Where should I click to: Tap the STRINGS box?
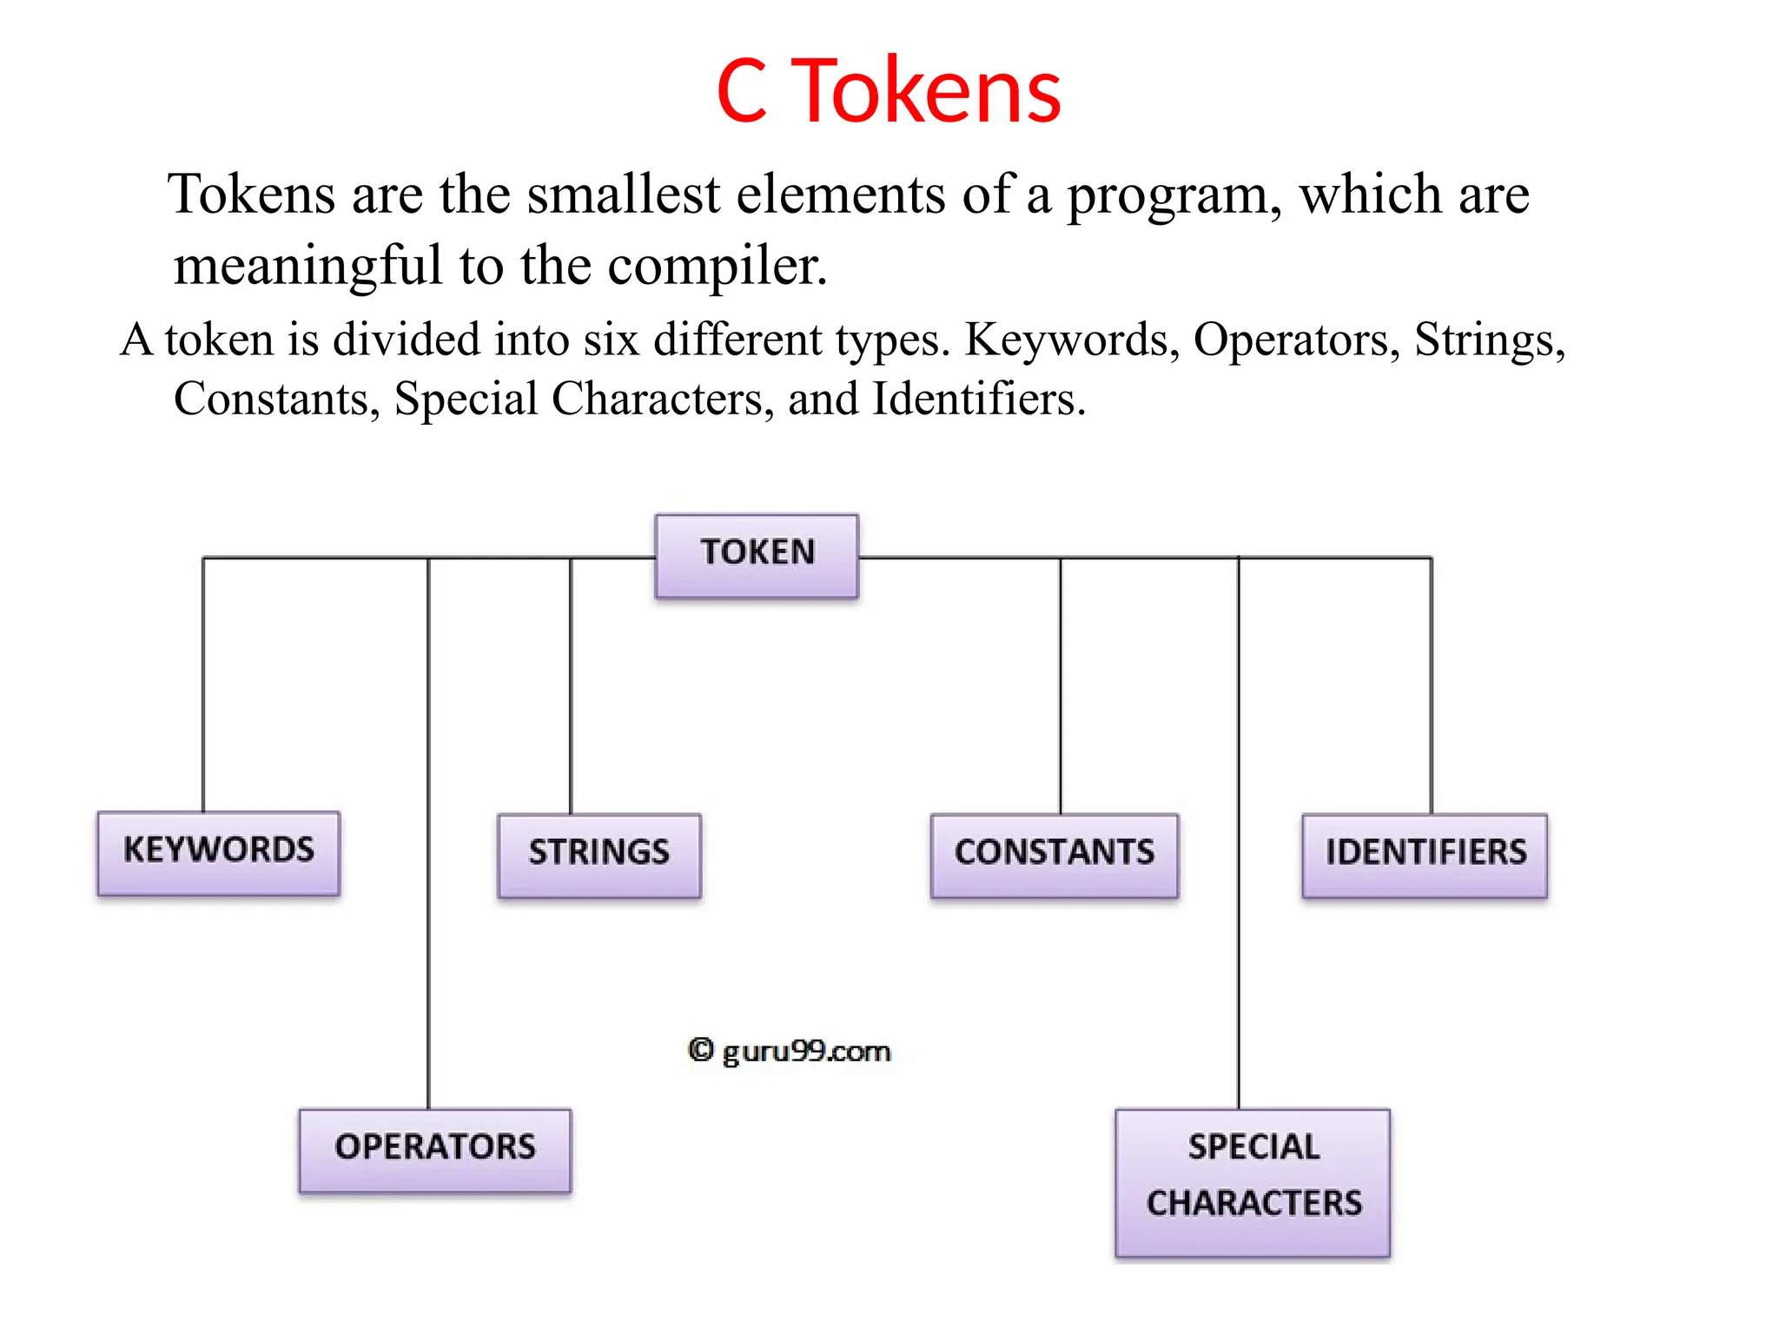coord(599,855)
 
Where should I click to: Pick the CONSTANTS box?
coord(1054,855)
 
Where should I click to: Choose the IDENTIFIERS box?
coord(1425,855)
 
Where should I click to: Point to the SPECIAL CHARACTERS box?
coord(1253,1181)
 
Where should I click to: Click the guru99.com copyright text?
coord(790,1052)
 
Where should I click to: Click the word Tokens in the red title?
coord(927,91)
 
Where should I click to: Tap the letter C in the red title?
coord(742,91)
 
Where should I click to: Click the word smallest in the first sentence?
coord(623,195)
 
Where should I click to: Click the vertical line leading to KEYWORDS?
coord(203,686)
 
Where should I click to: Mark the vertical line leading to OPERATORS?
coord(428,834)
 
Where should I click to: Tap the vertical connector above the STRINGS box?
coord(571,686)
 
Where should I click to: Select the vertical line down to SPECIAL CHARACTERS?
coord(1239,834)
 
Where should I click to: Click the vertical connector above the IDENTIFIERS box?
coord(1431,686)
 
